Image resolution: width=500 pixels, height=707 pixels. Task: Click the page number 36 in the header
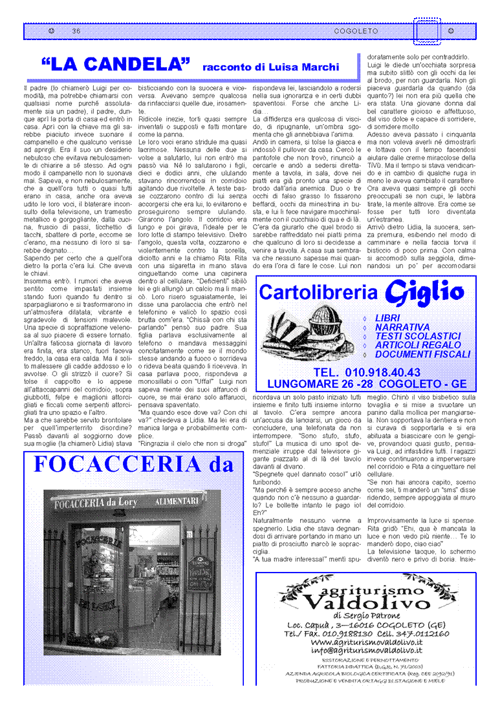pos(76,31)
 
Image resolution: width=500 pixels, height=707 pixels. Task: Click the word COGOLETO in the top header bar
pos(356,31)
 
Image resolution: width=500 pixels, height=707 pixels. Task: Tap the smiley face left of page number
pos(51,31)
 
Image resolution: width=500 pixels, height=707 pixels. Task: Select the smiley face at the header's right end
pos(450,31)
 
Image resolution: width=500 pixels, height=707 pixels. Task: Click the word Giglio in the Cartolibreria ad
pos(424,293)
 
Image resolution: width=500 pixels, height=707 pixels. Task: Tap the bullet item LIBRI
pos(387,318)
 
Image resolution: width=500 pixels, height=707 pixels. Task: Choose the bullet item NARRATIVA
pos(402,327)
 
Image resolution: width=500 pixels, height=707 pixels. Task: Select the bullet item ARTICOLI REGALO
pos(418,345)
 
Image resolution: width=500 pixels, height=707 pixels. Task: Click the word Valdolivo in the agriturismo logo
pos(366,604)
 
